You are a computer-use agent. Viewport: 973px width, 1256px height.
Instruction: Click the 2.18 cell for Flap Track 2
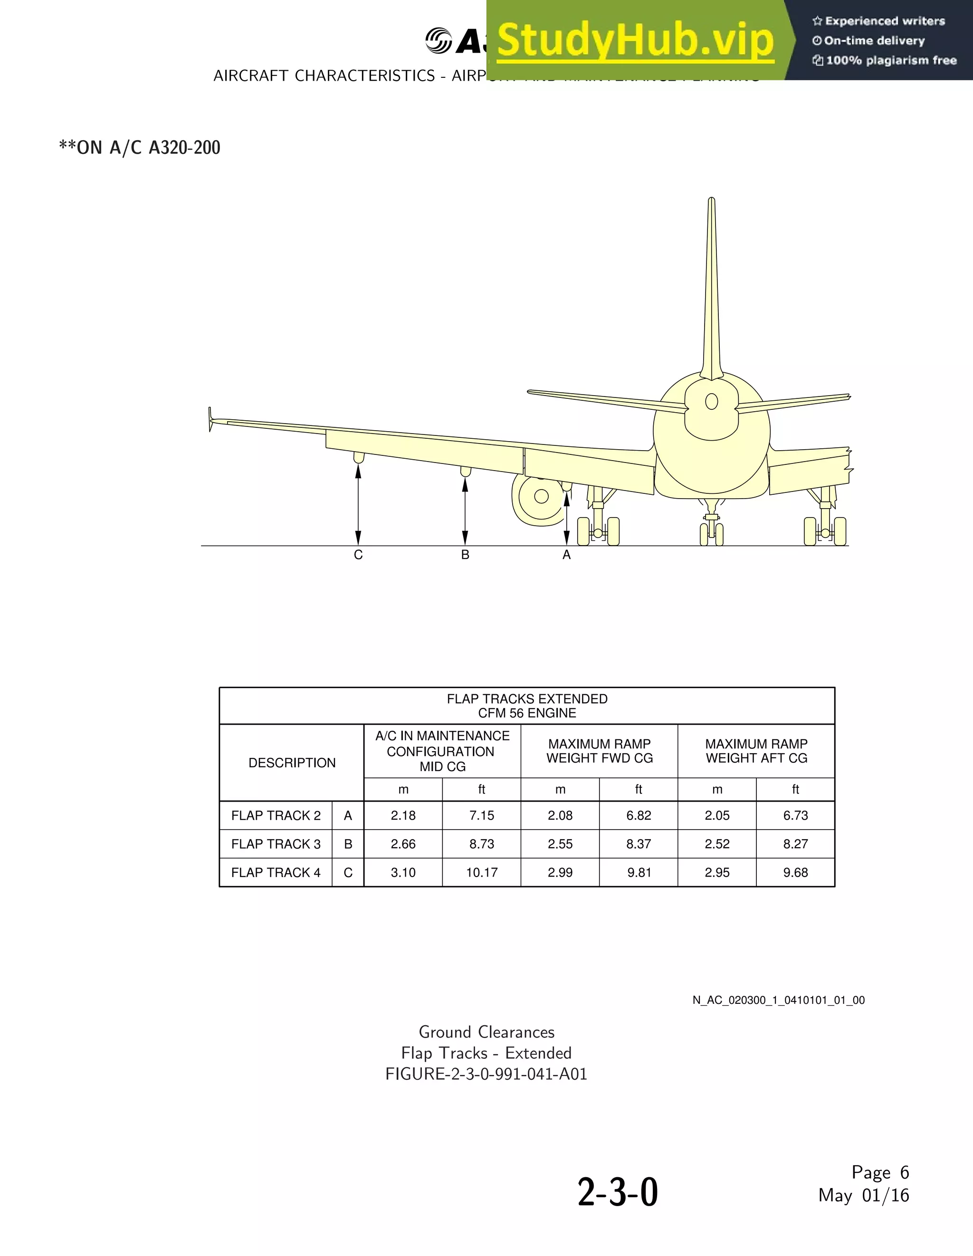(403, 815)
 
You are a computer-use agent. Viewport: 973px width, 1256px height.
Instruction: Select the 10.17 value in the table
(482, 872)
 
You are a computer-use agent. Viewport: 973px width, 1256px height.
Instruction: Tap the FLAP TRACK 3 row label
(276, 844)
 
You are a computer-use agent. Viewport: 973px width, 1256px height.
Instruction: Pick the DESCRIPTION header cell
(292, 763)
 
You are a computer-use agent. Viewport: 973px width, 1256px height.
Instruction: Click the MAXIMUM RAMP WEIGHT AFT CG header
(756, 751)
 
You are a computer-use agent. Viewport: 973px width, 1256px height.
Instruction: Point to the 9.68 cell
(795, 872)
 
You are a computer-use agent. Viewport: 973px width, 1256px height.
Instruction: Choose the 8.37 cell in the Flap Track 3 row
(639, 844)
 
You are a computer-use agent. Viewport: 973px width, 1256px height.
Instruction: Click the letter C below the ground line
(358, 555)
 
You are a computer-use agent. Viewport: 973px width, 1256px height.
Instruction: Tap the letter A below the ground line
(567, 555)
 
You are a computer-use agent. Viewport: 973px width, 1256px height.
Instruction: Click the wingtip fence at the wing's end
(210, 419)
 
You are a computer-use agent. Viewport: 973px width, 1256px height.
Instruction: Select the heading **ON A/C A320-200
(140, 148)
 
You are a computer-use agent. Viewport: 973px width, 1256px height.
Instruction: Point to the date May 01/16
(863, 1195)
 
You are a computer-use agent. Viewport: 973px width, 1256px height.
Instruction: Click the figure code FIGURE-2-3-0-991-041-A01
(486, 1074)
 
